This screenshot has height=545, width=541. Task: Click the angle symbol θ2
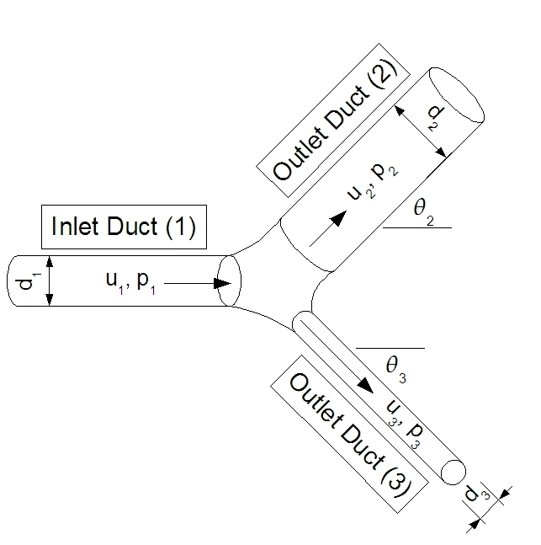(422, 210)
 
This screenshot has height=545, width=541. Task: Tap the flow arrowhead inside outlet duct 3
(367, 385)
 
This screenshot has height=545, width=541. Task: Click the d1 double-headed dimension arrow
(49, 281)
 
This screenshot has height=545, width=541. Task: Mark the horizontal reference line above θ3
(390, 347)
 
